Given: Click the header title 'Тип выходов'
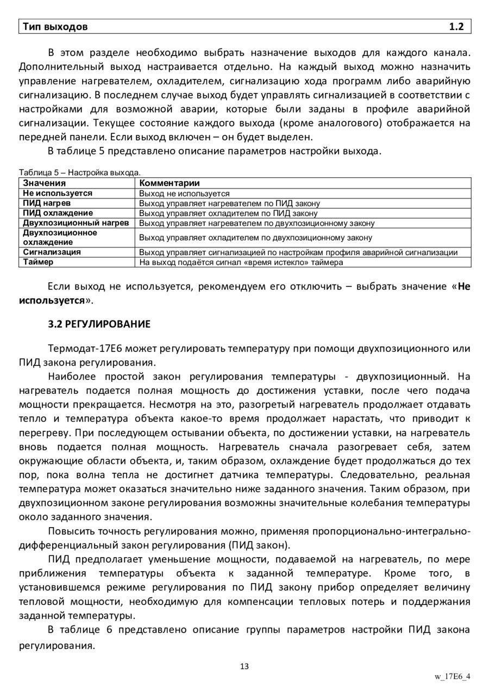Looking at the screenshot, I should pyautogui.click(x=54, y=27).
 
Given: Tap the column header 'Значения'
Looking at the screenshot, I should pyautogui.click(x=45, y=183).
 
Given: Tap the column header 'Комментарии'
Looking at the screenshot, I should pyautogui.click(x=169, y=183).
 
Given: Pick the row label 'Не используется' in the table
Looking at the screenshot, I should pyautogui.click(x=58, y=193).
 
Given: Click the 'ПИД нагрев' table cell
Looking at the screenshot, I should pyautogui.click(x=47, y=203).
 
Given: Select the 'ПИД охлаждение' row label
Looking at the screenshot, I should pyautogui.click(x=58, y=213).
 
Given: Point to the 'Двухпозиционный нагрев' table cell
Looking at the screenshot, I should pyautogui.click(x=76, y=222).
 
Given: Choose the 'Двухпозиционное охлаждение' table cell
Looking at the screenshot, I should pyautogui.click(x=60, y=237).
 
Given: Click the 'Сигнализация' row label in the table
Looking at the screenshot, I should pyautogui.click(x=52, y=252).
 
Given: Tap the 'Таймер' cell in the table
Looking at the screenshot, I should pyautogui.click(x=38, y=262).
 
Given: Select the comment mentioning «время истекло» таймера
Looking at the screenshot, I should pyautogui.click(x=241, y=262).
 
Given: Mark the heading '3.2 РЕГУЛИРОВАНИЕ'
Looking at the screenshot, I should pyautogui.click(x=99, y=324).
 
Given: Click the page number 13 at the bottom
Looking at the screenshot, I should pyautogui.click(x=244, y=666).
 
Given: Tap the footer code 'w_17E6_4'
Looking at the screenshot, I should pyautogui.click(x=452, y=677).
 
